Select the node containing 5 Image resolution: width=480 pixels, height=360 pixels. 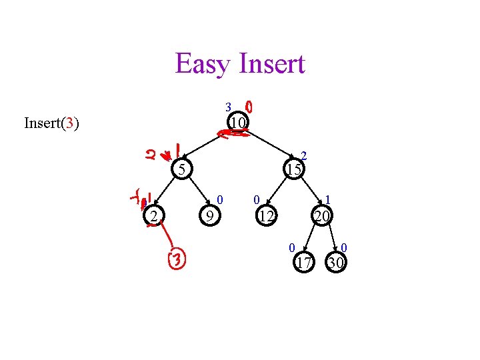[x=180, y=169]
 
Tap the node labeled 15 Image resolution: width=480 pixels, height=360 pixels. [x=294, y=169]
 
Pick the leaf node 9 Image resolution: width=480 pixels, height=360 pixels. [x=209, y=216]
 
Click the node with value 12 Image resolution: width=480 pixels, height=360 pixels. [x=267, y=216]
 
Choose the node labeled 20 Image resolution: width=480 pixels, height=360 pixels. [x=323, y=216]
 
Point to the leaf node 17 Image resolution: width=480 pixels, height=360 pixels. [x=304, y=263]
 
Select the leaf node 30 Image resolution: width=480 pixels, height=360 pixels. [x=336, y=263]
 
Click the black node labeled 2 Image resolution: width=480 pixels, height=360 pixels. [x=153, y=216]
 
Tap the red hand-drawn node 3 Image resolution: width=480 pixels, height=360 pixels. [x=177, y=259]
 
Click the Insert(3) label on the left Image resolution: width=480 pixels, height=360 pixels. [x=51, y=123]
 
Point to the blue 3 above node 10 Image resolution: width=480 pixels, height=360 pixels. [x=227, y=107]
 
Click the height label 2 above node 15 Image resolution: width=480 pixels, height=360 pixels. [x=303, y=155]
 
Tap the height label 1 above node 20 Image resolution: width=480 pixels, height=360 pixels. [x=328, y=199]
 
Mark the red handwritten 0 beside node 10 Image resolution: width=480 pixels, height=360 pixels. [x=249, y=107]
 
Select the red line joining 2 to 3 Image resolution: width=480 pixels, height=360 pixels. [x=167, y=237]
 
